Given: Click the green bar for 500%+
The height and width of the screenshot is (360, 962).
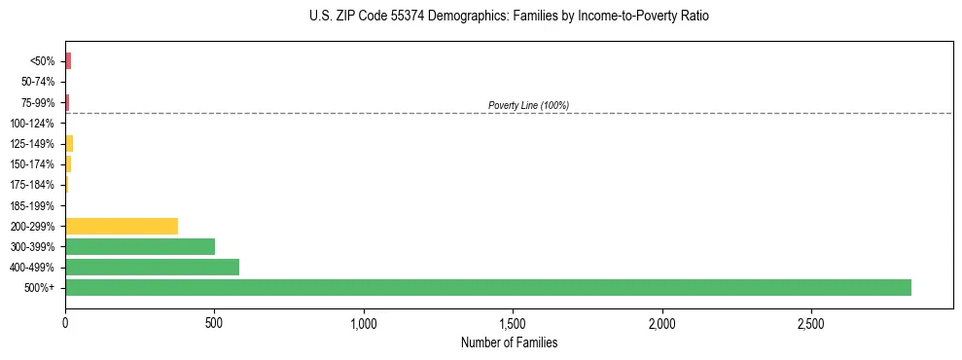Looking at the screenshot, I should tap(486, 287).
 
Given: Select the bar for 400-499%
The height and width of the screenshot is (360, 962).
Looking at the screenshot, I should tap(152, 267).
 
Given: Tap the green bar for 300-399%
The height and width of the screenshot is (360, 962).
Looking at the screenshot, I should tap(139, 246).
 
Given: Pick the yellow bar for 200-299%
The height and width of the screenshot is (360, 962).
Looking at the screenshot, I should tap(121, 226).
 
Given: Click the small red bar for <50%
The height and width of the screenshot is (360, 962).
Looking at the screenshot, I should tap(68, 61).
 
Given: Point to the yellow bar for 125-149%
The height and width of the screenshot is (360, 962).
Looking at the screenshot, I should tap(69, 144).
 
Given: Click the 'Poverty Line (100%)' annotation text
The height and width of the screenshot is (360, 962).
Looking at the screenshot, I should tap(528, 105).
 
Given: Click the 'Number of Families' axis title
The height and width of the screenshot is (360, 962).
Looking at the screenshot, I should tap(509, 342).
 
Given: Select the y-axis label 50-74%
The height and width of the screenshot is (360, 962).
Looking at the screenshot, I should tap(37, 82).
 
